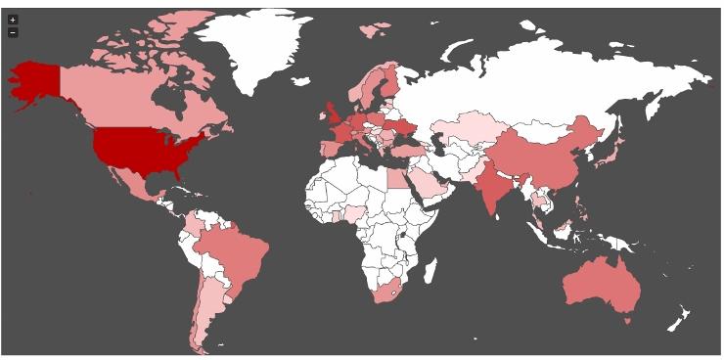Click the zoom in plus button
click(13, 20)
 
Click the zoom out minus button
click(13, 32)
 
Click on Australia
click(603, 284)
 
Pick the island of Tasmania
click(627, 319)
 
